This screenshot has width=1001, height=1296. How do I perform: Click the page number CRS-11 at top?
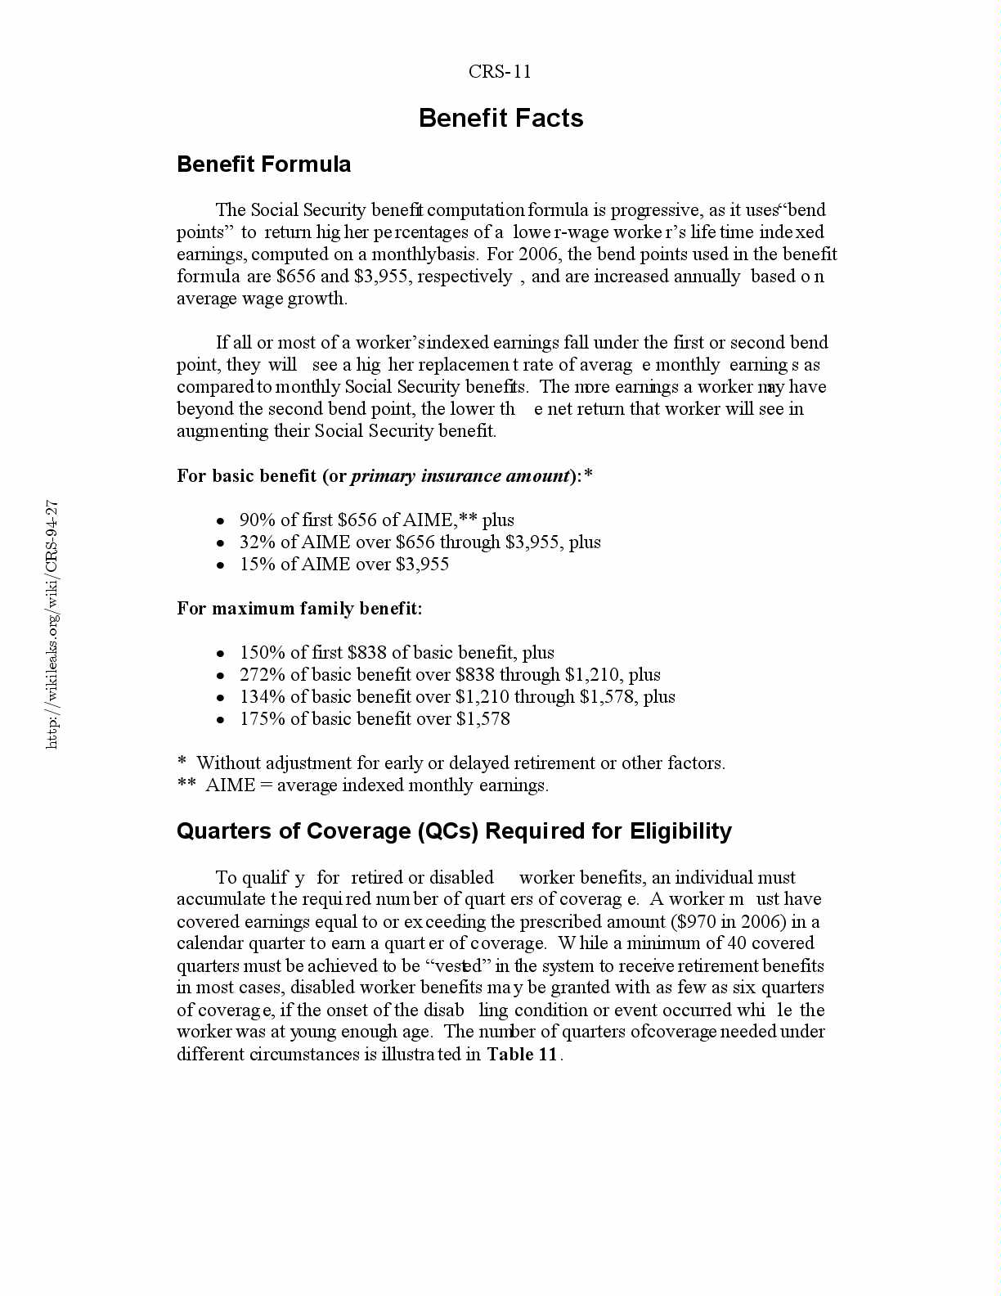pos(500,72)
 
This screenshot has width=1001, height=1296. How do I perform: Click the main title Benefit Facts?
pos(500,118)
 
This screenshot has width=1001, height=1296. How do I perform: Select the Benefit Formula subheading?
pos(263,164)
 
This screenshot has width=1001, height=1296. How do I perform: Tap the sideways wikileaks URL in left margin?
pos(52,623)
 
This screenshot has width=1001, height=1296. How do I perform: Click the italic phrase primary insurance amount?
pos(460,476)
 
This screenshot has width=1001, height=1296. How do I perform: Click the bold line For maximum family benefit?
pos(299,609)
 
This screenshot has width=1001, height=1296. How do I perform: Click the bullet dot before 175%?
pos(220,720)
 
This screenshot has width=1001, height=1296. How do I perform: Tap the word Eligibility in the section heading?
pos(680,831)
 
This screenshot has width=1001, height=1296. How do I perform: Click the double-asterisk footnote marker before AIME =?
pos(186,785)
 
